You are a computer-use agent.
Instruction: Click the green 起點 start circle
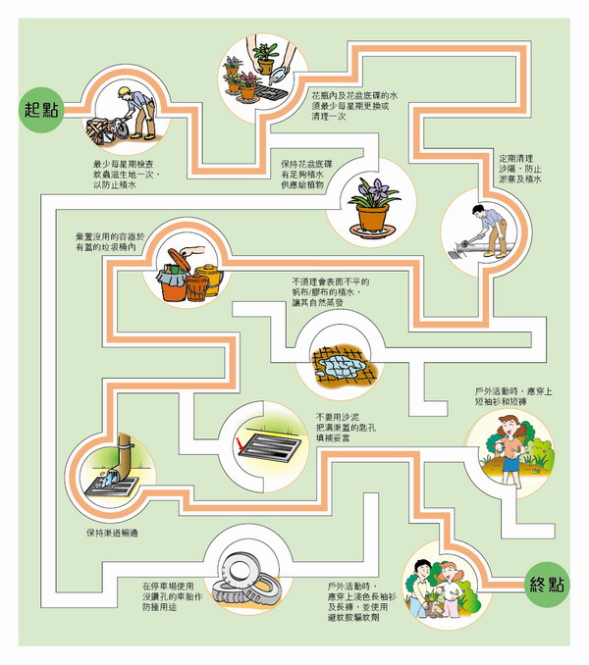click(x=40, y=108)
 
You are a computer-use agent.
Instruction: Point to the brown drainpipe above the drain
click(x=123, y=452)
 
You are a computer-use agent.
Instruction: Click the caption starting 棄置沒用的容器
click(x=119, y=243)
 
